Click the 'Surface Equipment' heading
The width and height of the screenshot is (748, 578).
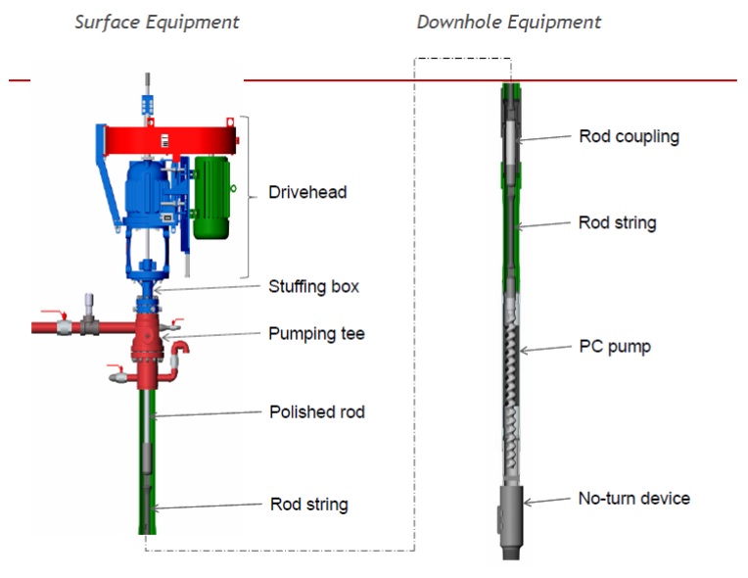pos(157,22)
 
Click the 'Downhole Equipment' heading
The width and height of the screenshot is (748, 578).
pos(509,22)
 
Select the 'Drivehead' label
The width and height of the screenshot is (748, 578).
pos(307,192)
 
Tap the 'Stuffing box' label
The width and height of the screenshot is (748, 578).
pos(313,286)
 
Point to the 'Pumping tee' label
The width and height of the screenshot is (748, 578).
pos(316,333)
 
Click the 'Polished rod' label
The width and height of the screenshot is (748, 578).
pos(316,411)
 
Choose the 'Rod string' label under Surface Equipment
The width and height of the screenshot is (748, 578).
pos(308,505)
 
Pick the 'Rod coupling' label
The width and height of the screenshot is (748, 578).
pos(629,136)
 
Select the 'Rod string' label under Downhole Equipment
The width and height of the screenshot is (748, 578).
pos(617,222)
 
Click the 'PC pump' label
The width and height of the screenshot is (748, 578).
pos(614,347)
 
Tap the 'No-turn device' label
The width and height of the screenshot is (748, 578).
pos(633,498)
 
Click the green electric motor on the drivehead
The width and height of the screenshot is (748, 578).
pos(210,196)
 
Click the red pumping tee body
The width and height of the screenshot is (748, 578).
pos(153,338)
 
